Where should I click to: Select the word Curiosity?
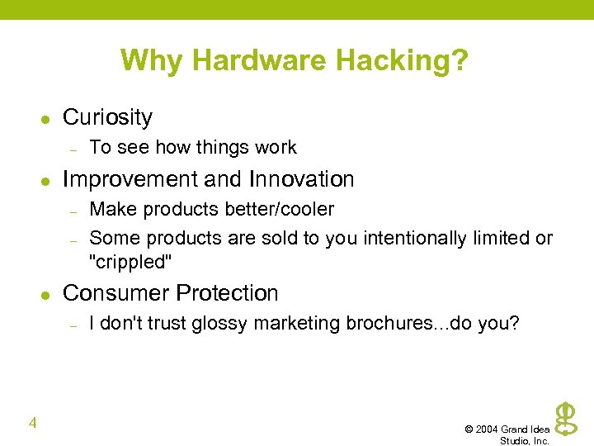point(107,117)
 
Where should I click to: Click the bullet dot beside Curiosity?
point(46,119)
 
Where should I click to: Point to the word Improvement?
point(129,179)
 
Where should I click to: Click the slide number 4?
point(32,424)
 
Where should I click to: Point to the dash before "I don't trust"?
point(73,325)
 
